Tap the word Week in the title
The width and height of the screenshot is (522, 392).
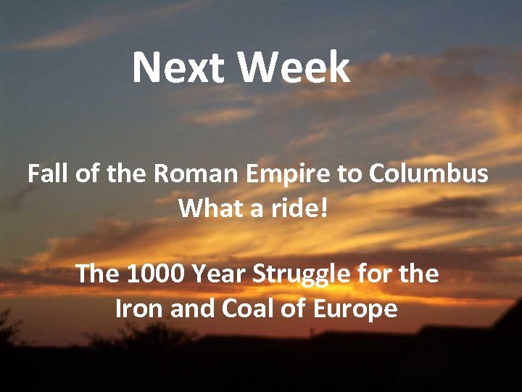pyautogui.click(x=294, y=68)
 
